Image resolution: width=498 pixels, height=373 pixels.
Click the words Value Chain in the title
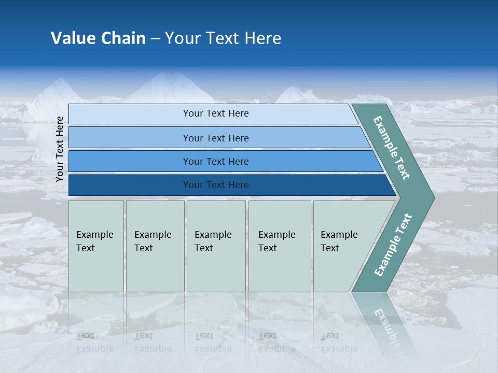[x=98, y=38]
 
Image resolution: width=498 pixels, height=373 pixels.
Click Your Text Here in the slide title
[x=223, y=38]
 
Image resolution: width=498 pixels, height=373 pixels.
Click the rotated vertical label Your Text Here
[x=60, y=149]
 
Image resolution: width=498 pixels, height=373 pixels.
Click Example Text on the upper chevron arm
[x=392, y=148]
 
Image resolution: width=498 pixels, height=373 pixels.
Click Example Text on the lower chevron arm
[x=393, y=245]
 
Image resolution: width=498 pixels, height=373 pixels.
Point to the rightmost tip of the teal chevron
[x=433, y=197]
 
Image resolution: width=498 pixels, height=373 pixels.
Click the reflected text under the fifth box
[x=339, y=342]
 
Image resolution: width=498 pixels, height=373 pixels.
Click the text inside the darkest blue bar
[x=216, y=185]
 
